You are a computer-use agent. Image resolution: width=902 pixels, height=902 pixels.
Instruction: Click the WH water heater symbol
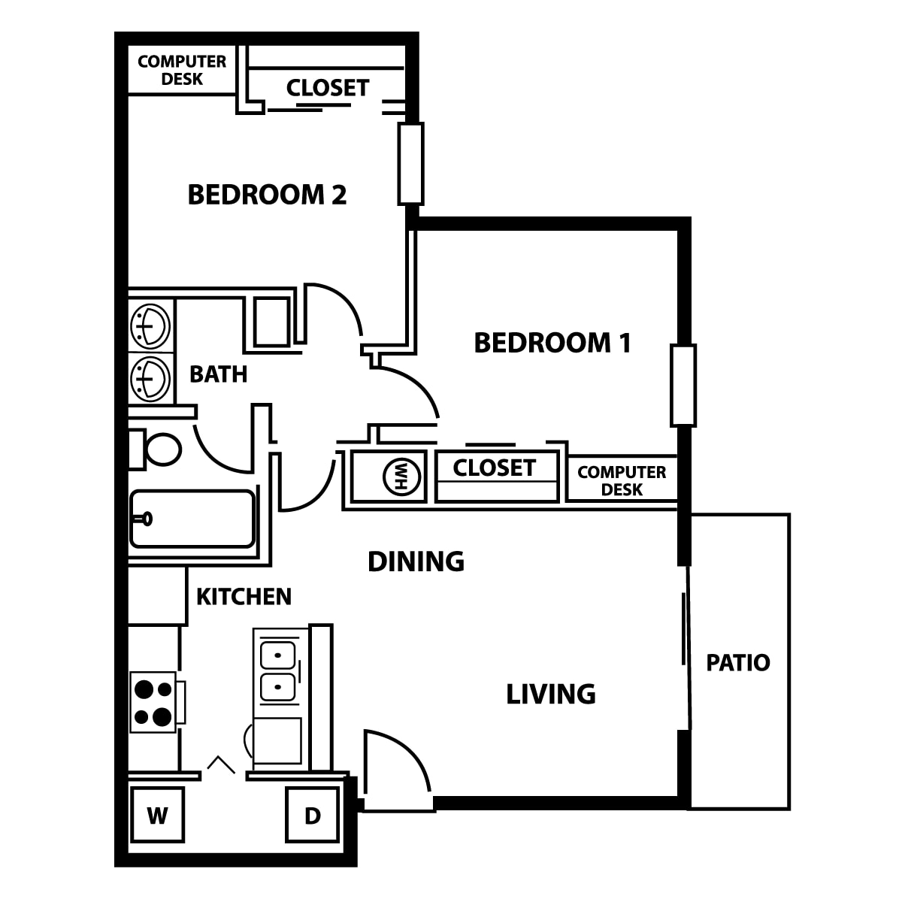(x=401, y=477)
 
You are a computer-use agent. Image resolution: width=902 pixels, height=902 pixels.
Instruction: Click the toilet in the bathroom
(x=155, y=449)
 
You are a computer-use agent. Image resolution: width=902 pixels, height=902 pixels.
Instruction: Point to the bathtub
(x=192, y=519)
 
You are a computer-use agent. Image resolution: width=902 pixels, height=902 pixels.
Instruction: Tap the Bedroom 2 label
(x=267, y=195)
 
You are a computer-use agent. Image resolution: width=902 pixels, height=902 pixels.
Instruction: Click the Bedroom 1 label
(x=552, y=343)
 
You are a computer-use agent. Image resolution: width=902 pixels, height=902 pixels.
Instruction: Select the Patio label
(x=738, y=663)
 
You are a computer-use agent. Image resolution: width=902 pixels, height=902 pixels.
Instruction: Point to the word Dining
(x=416, y=561)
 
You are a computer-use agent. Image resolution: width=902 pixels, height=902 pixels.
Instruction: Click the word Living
(x=551, y=694)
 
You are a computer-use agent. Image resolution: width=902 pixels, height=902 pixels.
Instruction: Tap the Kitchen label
(x=244, y=596)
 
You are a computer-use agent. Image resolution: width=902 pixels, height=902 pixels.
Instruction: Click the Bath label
(x=219, y=374)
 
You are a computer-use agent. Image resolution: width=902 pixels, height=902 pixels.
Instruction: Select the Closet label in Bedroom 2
(x=328, y=87)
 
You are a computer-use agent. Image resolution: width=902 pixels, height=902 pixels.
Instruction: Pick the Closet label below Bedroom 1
(x=495, y=468)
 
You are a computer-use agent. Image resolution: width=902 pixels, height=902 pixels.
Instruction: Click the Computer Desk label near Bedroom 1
(x=622, y=481)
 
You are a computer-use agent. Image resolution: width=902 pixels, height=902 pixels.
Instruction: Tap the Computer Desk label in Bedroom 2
(x=182, y=70)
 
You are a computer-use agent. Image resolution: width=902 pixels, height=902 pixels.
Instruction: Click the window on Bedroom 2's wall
(x=411, y=164)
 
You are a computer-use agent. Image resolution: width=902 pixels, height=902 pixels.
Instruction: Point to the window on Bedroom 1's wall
(x=683, y=386)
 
